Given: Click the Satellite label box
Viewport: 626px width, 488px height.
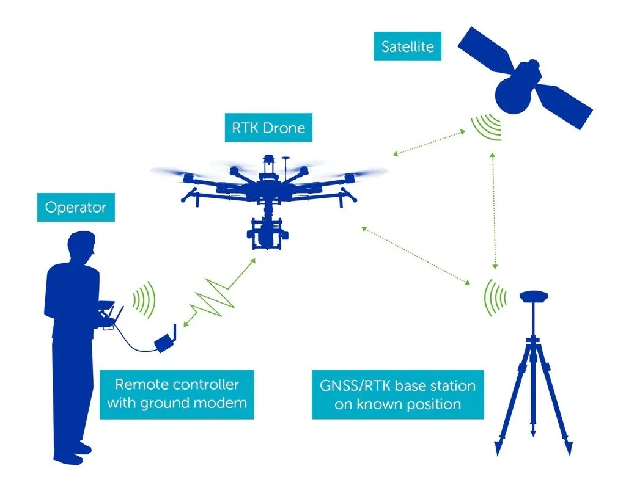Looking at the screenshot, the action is point(407,47).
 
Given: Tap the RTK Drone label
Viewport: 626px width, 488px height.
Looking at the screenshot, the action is point(268,129).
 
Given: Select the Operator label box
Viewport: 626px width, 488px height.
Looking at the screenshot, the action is point(75,207).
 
